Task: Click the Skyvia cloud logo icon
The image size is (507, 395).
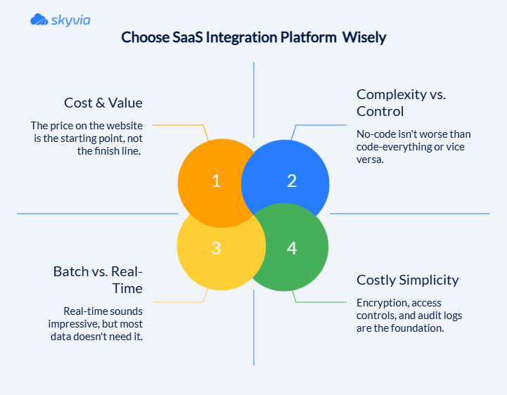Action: tap(39, 20)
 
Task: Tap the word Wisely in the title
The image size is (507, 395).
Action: tap(364, 37)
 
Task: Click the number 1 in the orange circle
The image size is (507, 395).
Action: tap(217, 181)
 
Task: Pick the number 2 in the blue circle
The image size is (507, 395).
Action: tap(292, 181)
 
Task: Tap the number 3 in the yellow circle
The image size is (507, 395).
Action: tap(217, 247)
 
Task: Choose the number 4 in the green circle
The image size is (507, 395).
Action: tap(292, 247)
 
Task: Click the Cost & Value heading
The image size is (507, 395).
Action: tap(103, 103)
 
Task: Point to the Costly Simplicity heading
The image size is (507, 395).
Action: tap(408, 280)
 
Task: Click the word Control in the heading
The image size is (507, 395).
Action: tap(380, 111)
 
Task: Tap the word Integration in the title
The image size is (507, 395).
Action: tap(250, 37)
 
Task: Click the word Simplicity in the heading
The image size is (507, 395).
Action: tap(429, 280)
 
